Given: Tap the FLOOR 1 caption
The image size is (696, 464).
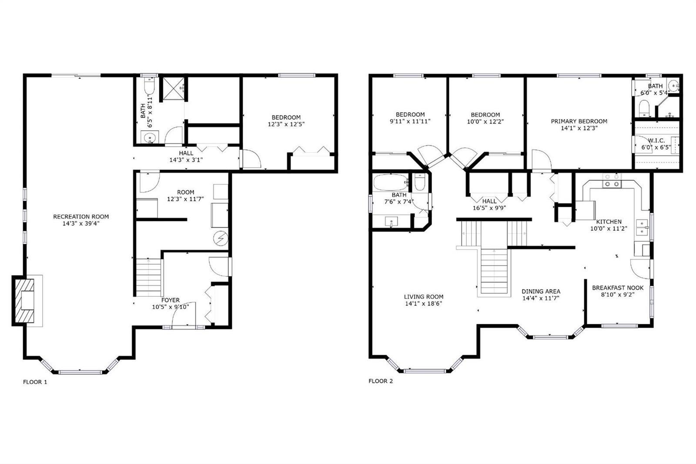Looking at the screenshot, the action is (x=35, y=382).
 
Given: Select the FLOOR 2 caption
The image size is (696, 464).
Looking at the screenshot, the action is (x=381, y=381).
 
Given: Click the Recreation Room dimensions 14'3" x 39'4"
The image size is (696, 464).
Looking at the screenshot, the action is (x=81, y=223).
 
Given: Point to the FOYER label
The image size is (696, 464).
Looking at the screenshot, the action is (x=170, y=300).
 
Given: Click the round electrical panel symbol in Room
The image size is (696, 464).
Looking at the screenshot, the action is (x=221, y=239).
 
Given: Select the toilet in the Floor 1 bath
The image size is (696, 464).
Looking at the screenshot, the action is (x=150, y=86).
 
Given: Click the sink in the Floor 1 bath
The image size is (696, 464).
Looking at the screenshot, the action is (x=150, y=137).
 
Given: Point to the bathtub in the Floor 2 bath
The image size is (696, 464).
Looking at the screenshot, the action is (x=391, y=182).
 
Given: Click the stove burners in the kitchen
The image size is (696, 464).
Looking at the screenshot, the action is (x=612, y=181).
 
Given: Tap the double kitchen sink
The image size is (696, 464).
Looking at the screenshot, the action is (x=642, y=227).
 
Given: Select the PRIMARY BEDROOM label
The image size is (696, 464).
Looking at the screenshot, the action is (x=579, y=121).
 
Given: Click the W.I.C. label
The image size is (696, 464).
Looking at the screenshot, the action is (x=656, y=141).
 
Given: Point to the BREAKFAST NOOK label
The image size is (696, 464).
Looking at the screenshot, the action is (x=618, y=288).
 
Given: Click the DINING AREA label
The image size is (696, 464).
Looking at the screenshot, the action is (x=541, y=291).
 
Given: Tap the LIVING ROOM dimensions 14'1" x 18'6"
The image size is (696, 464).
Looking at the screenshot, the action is (x=424, y=303).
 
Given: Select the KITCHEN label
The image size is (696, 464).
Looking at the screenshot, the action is (x=609, y=222).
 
